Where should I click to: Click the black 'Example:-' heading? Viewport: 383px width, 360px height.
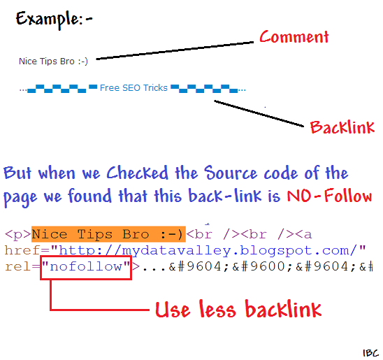[55, 20]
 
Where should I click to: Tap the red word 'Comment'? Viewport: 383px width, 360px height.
[294, 37]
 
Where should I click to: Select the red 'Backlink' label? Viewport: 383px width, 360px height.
[342, 127]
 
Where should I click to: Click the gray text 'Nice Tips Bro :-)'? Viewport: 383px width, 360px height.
[53, 61]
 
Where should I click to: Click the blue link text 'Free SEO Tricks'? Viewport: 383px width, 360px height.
[133, 87]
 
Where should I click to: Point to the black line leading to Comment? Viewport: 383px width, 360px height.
[175, 50]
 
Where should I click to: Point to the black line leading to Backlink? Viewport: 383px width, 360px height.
[259, 113]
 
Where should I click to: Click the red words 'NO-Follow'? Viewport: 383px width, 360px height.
[329, 196]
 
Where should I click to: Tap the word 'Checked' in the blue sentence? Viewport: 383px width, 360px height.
[138, 173]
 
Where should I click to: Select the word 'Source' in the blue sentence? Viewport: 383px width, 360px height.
[231, 173]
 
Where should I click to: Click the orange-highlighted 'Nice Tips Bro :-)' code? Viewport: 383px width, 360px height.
[108, 234]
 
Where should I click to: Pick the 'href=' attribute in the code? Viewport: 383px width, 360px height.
[27, 250]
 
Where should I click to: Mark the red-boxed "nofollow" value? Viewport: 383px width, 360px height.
[86, 267]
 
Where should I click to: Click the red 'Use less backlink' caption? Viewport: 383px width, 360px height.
[238, 309]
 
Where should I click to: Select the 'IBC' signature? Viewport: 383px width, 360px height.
[370, 353]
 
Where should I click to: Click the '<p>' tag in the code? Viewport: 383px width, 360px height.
[18, 235]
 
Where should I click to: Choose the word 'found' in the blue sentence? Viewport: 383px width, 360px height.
[89, 196]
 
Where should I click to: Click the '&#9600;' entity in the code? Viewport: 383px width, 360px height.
[262, 266]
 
